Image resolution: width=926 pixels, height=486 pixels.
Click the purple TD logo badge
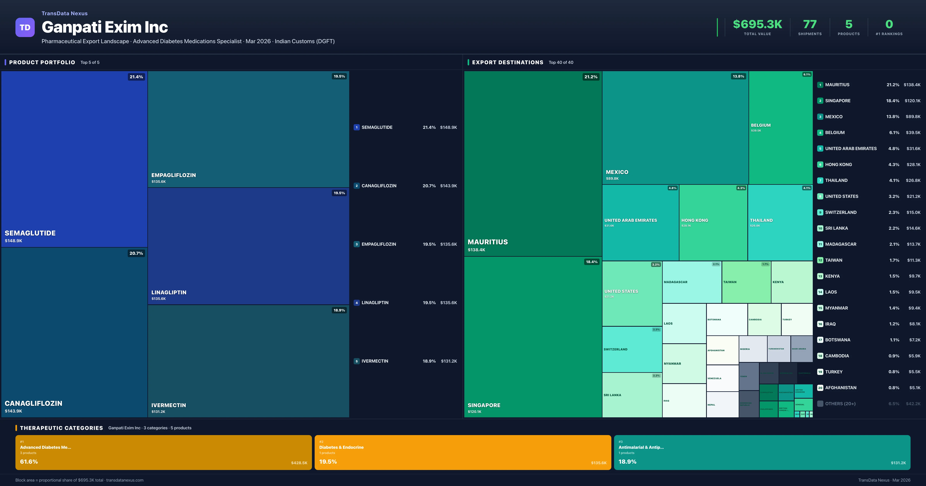pos(25,27)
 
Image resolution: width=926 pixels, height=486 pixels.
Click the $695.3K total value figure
pos(757,24)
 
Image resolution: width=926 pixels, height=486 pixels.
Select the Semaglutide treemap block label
pos(30,233)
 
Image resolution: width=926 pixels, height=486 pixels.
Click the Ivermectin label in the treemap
pos(169,405)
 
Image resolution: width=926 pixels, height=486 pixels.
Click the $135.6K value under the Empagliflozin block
pos(159,181)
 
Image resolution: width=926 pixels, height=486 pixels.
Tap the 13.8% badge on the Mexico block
pos(738,76)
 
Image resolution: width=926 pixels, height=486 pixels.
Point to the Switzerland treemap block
pos(632,349)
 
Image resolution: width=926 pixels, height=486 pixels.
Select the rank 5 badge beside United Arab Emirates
pos(820,148)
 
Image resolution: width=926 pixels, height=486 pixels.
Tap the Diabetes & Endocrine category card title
pos(341,447)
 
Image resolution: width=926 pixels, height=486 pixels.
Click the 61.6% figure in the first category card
pos(29,462)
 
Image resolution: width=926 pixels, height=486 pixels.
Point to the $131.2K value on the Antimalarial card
pos(898,463)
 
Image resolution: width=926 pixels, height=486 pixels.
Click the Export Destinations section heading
pos(507,62)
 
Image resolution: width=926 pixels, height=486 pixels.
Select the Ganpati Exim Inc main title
pos(105,27)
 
